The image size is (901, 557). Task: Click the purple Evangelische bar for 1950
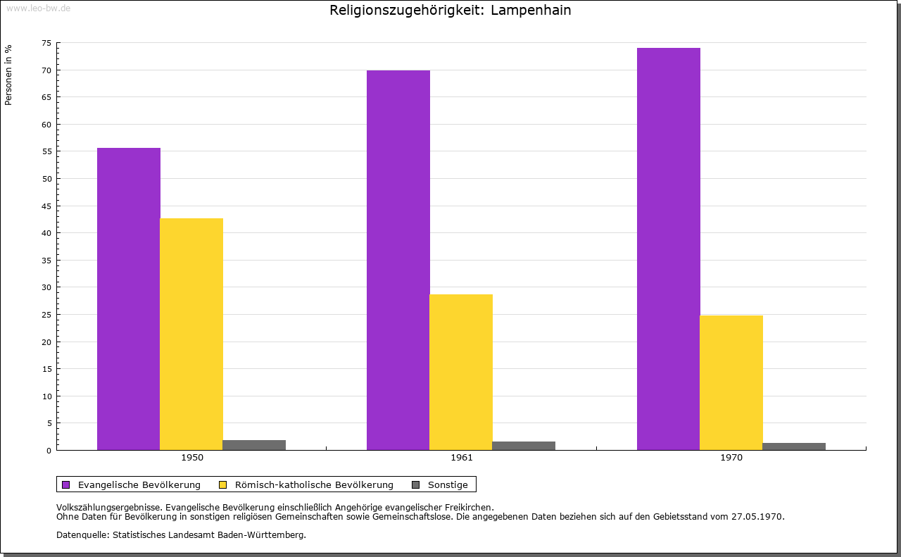(x=129, y=299)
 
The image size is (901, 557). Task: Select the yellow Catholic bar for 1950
(x=191, y=334)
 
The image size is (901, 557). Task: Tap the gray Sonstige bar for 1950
(x=254, y=445)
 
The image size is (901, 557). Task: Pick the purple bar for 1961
(x=398, y=260)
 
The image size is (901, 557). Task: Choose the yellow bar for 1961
(x=461, y=372)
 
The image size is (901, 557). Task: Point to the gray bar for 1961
(x=524, y=446)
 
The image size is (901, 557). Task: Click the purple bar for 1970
(x=669, y=249)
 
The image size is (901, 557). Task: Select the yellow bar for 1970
(x=731, y=382)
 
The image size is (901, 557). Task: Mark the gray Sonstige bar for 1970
(x=794, y=446)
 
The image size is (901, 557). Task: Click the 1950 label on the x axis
(x=192, y=458)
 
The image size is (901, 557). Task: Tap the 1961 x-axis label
(x=462, y=458)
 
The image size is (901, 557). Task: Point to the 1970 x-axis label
(x=731, y=458)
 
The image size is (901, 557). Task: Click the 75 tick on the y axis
(x=46, y=43)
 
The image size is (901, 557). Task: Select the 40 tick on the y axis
(x=46, y=233)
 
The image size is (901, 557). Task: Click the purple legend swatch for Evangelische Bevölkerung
(x=66, y=484)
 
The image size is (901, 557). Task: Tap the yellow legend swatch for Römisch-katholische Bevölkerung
(x=222, y=484)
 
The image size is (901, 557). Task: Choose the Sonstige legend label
(x=448, y=484)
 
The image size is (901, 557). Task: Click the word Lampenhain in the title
(x=531, y=11)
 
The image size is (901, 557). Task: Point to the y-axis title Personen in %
(x=8, y=75)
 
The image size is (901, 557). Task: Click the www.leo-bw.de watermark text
(x=38, y=7)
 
